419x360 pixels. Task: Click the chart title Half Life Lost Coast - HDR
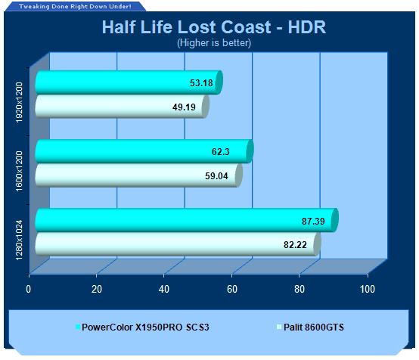tap(214, 27)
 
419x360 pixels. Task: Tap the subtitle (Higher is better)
tap(214, 43)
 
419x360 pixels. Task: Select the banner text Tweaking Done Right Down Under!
tap(75, 6)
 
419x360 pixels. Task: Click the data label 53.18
tap(201, 83)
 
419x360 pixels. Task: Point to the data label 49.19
tap(184, 107)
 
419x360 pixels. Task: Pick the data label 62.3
tap(220, 152)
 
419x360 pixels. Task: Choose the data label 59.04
tap(216, 176)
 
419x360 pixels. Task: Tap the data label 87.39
tap(313, 222)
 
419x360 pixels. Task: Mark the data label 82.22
tap(295, 245)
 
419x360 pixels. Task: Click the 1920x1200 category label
tap(19, 102)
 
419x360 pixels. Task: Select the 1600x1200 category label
tap(19, 172)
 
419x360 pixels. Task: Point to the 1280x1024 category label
tap(19, 240)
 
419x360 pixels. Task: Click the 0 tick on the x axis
tap(28, 289)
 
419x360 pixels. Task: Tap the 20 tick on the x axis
tap(97, 289)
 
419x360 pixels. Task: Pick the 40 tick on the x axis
tap(164, 289)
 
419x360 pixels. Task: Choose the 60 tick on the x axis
tap(232, 289)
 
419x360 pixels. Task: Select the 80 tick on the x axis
tap(300, 289)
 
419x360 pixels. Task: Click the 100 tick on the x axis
tap(368, 289)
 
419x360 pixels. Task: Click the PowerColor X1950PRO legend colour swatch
tap(78, 327)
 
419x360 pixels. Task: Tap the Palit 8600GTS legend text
tap(314, 327)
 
